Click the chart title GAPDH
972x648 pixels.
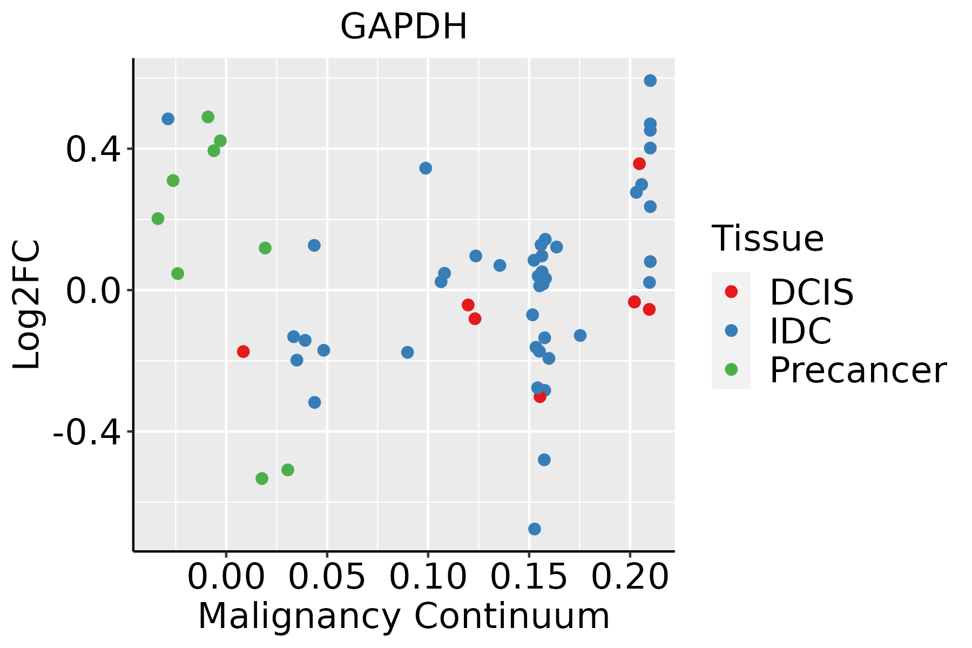(403, 27)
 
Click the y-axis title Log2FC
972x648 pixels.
(27, 305)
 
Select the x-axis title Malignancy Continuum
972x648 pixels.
(403, 617)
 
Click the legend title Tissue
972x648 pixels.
(767, 238)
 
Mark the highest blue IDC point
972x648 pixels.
(650, 80)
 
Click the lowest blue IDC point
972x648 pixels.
(535, 529)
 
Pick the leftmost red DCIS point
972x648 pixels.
(244, 352)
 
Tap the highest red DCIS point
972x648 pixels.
(639, 164)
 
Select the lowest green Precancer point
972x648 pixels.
(262, 478)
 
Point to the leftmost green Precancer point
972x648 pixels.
(158, 219)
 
